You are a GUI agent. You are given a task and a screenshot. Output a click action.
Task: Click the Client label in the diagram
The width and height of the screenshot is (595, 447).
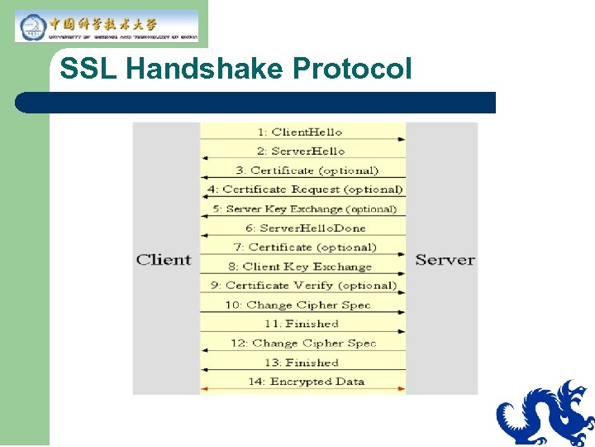point(164,259)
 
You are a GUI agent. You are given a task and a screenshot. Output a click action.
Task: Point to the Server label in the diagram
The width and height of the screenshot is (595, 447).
point(445,259)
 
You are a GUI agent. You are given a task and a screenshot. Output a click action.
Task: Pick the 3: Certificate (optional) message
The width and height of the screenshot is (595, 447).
point(307,171)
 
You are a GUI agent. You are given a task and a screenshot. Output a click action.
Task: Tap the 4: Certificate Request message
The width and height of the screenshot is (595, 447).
point(304,190)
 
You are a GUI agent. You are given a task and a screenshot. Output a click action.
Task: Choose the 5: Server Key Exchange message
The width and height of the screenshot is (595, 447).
point(304,209)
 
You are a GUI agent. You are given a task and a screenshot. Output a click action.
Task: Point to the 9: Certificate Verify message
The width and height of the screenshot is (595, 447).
point(303,286)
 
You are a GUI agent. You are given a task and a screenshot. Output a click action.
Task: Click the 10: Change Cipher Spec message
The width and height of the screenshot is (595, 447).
point(298,305)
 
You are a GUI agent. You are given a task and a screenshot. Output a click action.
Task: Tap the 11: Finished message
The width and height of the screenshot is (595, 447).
point(302,324)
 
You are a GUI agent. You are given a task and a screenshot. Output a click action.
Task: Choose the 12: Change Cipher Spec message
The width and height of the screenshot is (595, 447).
point(303,343)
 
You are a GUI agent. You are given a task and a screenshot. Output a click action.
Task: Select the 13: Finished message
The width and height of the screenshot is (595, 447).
point(302,363)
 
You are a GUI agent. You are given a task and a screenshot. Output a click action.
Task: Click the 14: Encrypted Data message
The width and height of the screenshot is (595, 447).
point(307,382)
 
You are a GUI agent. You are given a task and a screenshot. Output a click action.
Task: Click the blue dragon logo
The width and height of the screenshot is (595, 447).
point(545,413)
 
